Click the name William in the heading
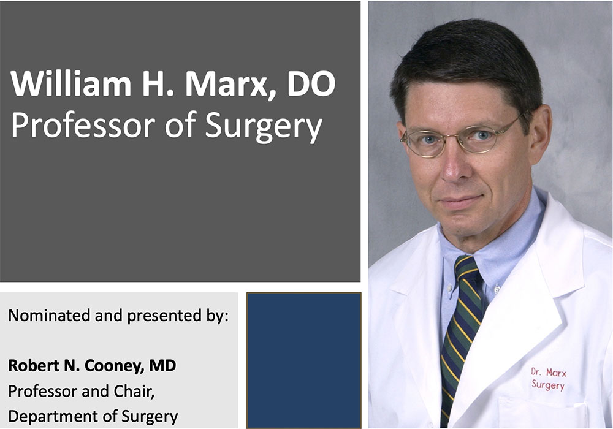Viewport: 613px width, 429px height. pos(71,83)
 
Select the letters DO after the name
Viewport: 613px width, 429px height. pos(311,83)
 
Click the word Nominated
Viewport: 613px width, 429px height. pos(49,315)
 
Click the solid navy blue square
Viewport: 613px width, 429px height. pos(304,360)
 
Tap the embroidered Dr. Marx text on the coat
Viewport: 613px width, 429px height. pos(549,373)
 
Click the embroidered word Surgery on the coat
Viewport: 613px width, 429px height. pos(548,385)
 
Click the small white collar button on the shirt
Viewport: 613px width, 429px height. pos(497,289)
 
